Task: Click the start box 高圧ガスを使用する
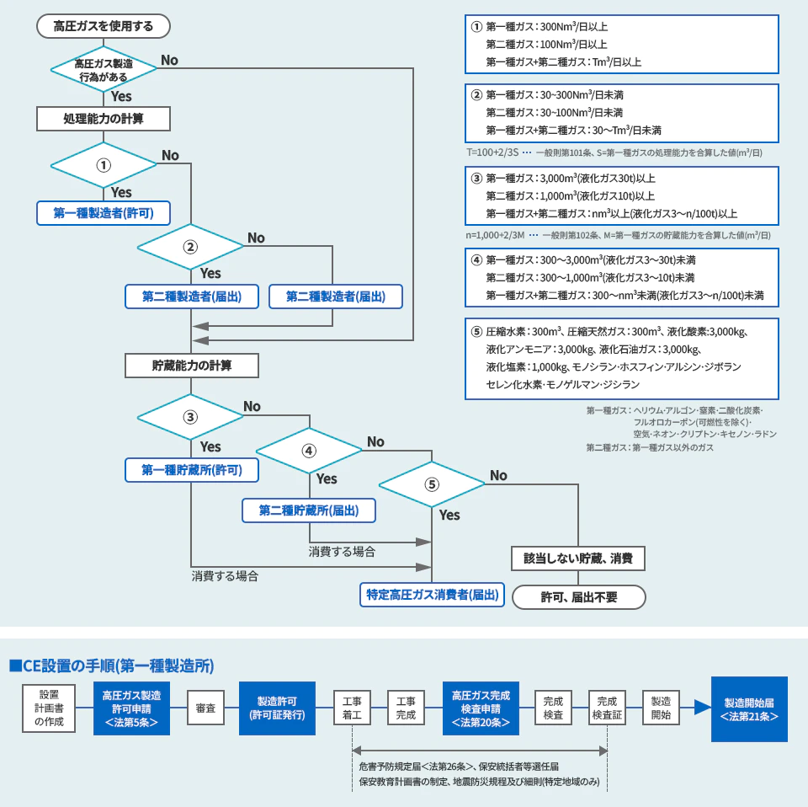tap(104, 26)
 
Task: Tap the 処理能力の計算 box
tap(104, 119)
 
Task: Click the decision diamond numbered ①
tap(104, 164)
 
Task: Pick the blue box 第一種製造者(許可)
tap(104, 213)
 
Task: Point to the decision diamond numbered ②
tap(190, 247)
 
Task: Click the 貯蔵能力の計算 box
tap(191, 366)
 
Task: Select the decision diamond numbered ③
tap(191, 416)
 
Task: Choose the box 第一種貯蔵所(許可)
tap(191, 470)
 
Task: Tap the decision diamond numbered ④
tap(309, 451)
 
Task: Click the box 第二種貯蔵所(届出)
tap(309, 510)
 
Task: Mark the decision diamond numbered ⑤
tap(432, 484)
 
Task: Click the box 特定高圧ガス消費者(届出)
tap(432, 595)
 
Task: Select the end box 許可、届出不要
tap(578, 596)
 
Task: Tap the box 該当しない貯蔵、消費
tap(578, 558)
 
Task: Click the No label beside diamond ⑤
tap(498, 476)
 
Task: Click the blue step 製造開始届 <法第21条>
tap(749, 709)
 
